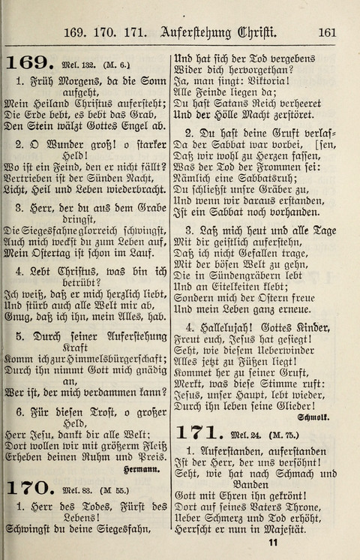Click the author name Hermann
pyautogui.click(x=142, y=470)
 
